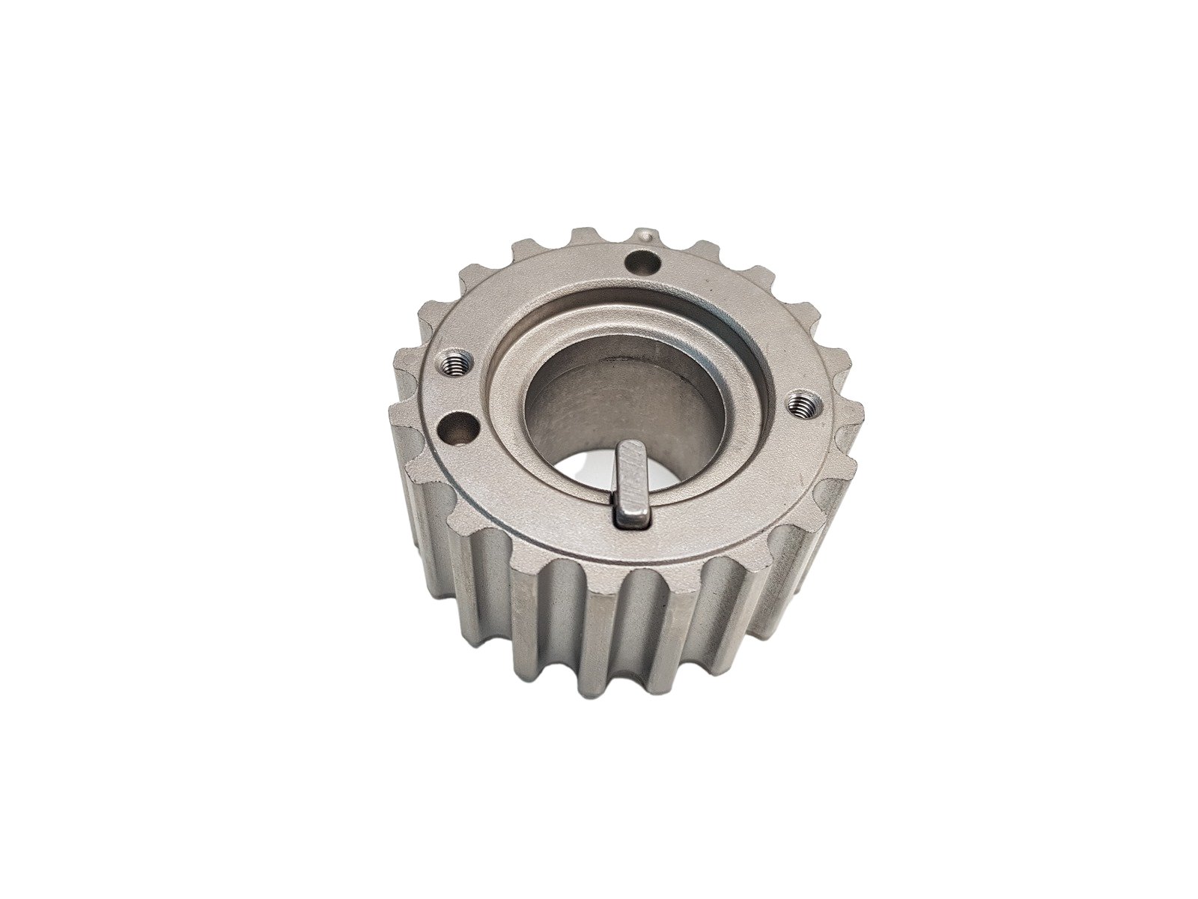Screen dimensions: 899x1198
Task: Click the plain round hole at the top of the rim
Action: pos(643,263)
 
